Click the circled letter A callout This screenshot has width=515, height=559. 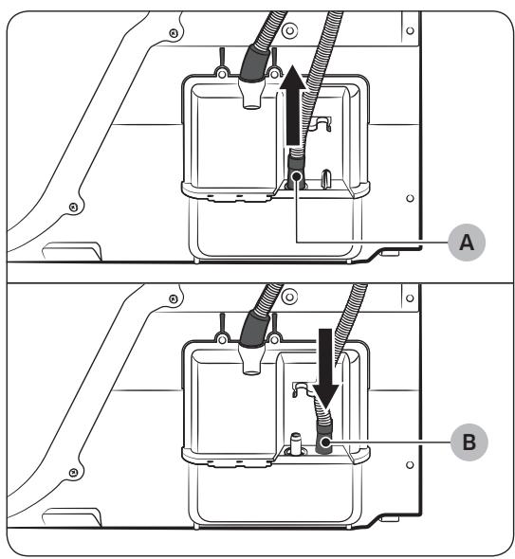click(467, 243)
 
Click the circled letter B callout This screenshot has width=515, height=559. click(469, 442)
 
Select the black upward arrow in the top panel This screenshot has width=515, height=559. click(293, 105)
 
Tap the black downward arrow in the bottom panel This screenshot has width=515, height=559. click(324, 369)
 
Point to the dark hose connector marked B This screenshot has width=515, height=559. click(324, 437)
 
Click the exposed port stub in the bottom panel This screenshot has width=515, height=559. click(295, 443)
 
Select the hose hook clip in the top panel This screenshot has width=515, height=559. click(321, 124)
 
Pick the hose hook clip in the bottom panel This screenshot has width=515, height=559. click(303, 388)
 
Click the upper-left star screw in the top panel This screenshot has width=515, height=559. click(174, 33)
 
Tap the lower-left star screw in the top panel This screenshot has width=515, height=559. click(73, 207)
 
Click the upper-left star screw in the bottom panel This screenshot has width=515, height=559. click(174, 298)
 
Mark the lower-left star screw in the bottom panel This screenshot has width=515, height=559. click(73, 473)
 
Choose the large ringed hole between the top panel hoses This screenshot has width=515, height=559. click(290, 31)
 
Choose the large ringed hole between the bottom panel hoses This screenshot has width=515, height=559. click(290, 297)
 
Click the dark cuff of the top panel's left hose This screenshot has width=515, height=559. click(255, 64)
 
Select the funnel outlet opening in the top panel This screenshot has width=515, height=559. click(252, 105)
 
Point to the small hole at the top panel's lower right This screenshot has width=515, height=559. click(410, 198)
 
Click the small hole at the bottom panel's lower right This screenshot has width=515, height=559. click(410, 465)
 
